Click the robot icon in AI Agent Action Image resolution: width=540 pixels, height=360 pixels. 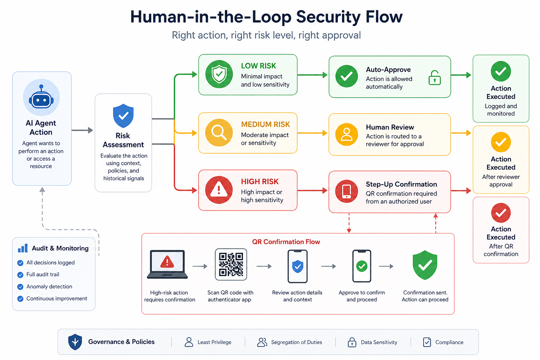[41, 97]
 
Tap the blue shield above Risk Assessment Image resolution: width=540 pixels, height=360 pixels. [123, 116]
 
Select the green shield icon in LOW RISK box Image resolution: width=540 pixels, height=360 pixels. [219, 74]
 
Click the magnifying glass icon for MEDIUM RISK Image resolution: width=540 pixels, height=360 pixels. [219, 133]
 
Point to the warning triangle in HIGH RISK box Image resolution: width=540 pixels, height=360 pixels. [219, 190]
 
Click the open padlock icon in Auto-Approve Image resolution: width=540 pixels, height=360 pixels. [435, 78]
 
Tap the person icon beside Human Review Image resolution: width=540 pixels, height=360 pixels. [346, 135]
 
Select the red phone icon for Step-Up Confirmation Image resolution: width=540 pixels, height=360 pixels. [346, 191]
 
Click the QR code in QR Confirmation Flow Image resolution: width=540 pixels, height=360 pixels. [231, 264]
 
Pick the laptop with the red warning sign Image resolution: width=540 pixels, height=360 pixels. [167, 264]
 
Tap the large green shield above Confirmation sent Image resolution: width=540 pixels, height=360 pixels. [425, 265]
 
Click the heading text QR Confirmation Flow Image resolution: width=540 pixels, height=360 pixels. [286, 242]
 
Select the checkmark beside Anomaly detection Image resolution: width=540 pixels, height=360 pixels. [20, 287]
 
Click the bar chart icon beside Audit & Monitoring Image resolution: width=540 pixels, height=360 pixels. [22, 248]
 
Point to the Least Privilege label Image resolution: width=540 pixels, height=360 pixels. [214, 342]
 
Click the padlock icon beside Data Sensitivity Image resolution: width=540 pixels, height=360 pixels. [352, 342]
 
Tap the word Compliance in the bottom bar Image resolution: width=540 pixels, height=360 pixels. [449, 342]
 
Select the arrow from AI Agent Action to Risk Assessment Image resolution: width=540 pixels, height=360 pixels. [82, 130]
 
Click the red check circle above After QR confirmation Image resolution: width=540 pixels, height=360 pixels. [501, 213]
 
